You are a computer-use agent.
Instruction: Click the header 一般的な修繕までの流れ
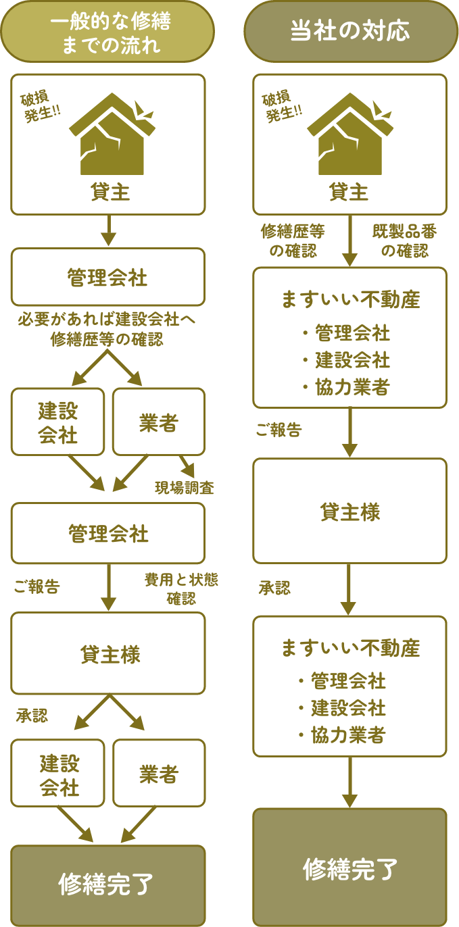click(107, 32)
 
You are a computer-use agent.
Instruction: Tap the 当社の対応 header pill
click(349, 32)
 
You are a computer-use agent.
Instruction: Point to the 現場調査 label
click(185, 488)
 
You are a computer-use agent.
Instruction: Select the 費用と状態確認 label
click(181, 588)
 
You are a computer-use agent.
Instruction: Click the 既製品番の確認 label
click(404, 241)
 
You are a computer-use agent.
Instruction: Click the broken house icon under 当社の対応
click(350, 134)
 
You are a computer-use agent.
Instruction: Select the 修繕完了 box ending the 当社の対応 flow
click(349, 867)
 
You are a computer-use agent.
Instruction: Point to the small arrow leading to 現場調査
click(186, 466)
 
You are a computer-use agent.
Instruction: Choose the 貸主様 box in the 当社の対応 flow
click(349, 511)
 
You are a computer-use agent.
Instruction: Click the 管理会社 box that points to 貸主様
click(107, 534)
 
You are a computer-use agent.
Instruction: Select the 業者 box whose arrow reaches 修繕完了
click(158, 774)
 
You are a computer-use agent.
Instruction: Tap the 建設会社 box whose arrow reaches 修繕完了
click(58, 774)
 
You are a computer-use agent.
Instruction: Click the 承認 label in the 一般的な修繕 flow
click(32, 716)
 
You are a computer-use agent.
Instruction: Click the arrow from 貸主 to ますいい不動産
click(349, 241)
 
